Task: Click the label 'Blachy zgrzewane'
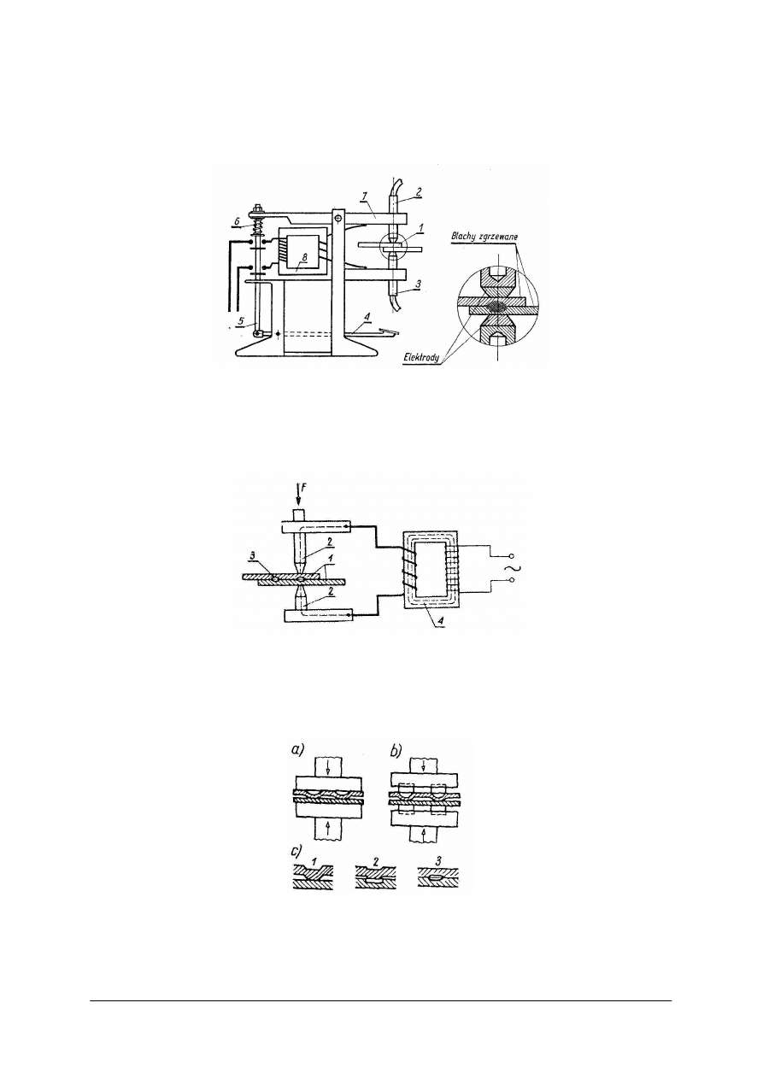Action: [x=484, y=237]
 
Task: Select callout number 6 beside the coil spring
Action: [x=236, y=220]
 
